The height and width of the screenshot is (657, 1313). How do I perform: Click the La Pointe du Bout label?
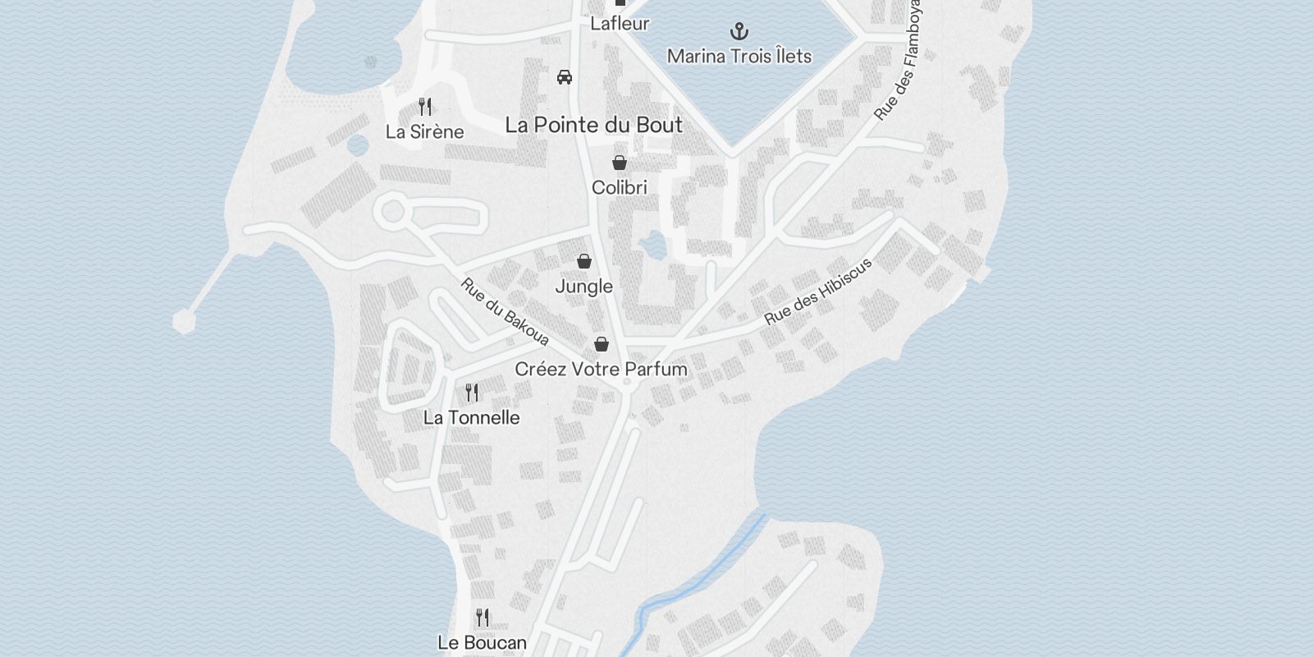[593, 125]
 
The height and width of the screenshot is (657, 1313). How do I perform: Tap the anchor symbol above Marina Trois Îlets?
[739, 32]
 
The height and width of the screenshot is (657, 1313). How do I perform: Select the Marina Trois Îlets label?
[739, 56]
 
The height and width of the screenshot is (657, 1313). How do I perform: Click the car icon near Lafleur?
[565, 77]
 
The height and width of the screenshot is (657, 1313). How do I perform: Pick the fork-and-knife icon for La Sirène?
[425, 107]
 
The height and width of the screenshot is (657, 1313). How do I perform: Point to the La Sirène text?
[424, 131]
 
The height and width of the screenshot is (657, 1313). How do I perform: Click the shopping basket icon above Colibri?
[620, 163]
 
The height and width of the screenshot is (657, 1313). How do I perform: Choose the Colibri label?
[620, 187]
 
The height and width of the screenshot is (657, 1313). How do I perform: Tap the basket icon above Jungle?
[584, 261]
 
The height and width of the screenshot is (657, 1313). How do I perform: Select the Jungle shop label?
[583, 286]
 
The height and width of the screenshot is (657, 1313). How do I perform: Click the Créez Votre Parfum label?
[601, 369]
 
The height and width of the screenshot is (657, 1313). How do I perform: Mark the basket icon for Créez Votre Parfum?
[602, 343]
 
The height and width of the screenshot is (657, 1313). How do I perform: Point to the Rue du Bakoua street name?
[504, 312]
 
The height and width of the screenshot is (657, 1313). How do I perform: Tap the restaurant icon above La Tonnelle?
[472, 393]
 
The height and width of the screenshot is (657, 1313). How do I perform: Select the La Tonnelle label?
[471, 417]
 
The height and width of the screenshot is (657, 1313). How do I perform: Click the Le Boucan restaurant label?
[482, 642]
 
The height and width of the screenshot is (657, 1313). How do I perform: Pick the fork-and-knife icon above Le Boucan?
[483, 617]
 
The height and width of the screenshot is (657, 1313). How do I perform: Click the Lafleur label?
[620, 23]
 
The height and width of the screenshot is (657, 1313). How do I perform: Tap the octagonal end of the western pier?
[185, 320]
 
